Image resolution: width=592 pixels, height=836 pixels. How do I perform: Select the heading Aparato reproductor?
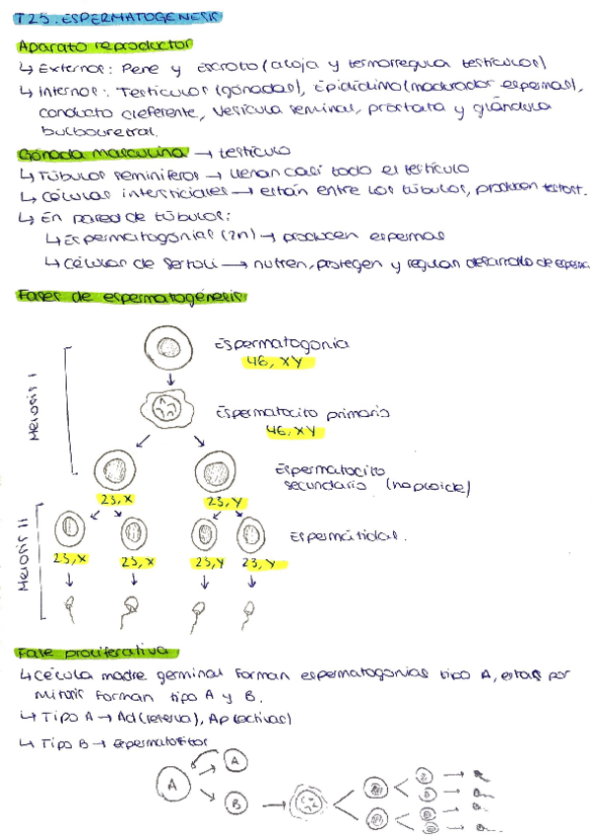pyautogui.click(x=105, y=45)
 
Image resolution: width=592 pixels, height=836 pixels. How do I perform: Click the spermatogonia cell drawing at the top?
pyautogui.click(x=169, y=348)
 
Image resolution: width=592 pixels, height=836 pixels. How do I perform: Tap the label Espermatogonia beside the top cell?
pyautogui.click(x=281, y=345)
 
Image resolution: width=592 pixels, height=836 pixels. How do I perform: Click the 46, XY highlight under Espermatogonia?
pyautogui.click(x=277, y=363)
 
